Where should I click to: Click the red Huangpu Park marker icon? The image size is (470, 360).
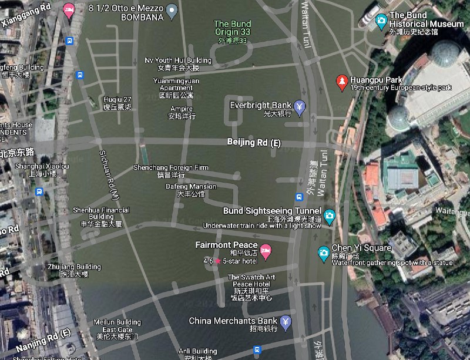pyautogui.click(x=341, y=82)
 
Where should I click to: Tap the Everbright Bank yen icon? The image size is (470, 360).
pyautogui.click(x=300, y=107)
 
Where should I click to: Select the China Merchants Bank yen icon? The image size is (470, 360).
pyautogui.click(x=286, y=321)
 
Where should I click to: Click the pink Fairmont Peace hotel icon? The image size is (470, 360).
pyautogui.click(x=266, y=251)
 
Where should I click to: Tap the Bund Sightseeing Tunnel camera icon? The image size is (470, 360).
pyautogui.click(x=330, y=216)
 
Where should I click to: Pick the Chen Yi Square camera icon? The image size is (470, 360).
pyautogui.click(x=323, y=253)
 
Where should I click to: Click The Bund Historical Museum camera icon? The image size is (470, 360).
pyautogui.click(x=381, y=21)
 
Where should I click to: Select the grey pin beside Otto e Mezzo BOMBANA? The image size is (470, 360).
pyautogui.click(x=172, y=9)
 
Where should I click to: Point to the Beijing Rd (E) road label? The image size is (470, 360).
pyautogui.click(x=254, y=143)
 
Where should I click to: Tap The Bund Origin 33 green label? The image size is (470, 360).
pyautogui.click(x=232, y=28)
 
